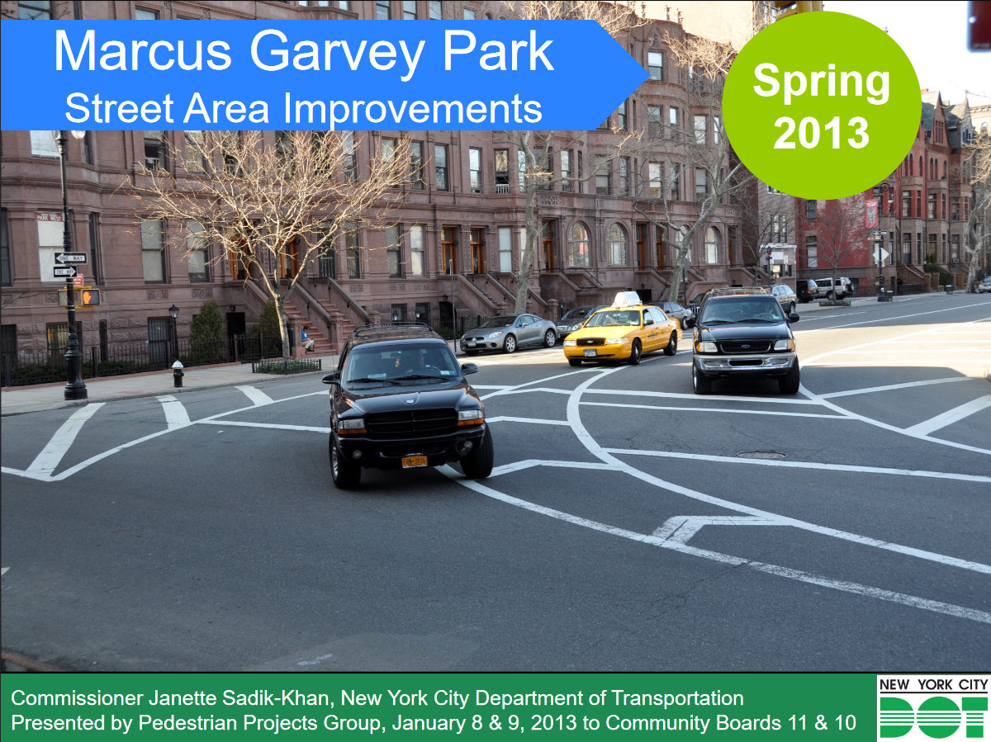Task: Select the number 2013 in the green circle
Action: tap(821, 133)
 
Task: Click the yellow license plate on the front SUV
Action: tap(414, 461)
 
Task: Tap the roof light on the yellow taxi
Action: tap(627, 299)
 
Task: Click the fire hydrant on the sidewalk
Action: tap(178, 373)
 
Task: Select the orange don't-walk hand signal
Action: tap(90, 297)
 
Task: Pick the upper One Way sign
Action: tap(70, 258)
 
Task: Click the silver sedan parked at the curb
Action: tap(509, 333)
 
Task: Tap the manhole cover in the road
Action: tap(761, 454)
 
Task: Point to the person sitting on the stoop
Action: tap(307, 338)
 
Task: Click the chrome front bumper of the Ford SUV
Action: tap(745, 362)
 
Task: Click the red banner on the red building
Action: tap(871, 213)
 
